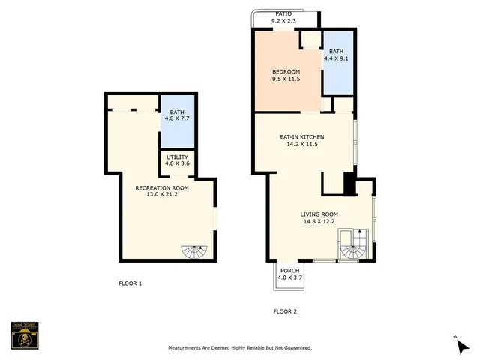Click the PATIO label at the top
pyautogui.click(x=283, y=13)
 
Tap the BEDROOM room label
pyautogui.click(x=285, y=71)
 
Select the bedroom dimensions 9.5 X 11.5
pyautogui.click(x=285, y=78)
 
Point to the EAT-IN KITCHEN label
pyautogui.click(x=302, y=137)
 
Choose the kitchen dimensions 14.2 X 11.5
pyautogui.click(x=302, y=144)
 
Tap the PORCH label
pyautogui.click(x=289, y=271)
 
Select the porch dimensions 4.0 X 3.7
pyautogui.click(x=289, y=277)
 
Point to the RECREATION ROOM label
pyautogui.click(x=161, y=187)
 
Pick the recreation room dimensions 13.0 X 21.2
pyautogui.click(x=161, y=194)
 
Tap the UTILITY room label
pyautogui.click(x=177, y=157)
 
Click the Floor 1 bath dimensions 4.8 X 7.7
pyautogui.click(x=177, y=118)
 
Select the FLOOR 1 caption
pyautogui.click(x=130, y=283)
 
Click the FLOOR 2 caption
pyautogui.click(x=285, y=310)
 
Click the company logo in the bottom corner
pyautogui.click(x=24, y=336)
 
